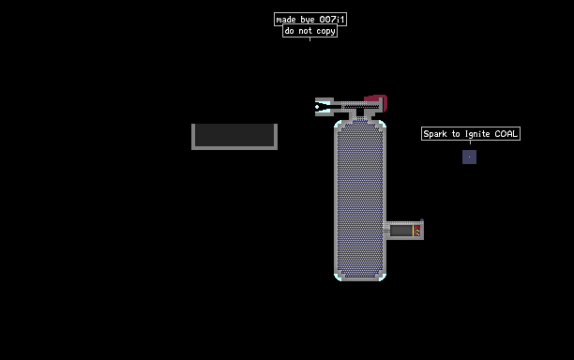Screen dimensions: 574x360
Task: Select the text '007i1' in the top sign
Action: click(x=332, y=20)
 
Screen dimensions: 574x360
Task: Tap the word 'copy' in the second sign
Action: click(x=325, y=32)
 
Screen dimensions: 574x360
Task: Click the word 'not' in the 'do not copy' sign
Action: click(x=306, y=31)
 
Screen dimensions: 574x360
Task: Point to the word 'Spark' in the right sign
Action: click(x=435, y=134)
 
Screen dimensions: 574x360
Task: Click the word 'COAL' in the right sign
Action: click(x=506, y=134)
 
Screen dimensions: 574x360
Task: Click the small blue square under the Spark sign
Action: click(x=469, y=157)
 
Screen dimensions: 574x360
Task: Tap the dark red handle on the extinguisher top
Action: click(x=377, y=101)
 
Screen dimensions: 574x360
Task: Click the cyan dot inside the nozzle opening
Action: click(x=317, y=107)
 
